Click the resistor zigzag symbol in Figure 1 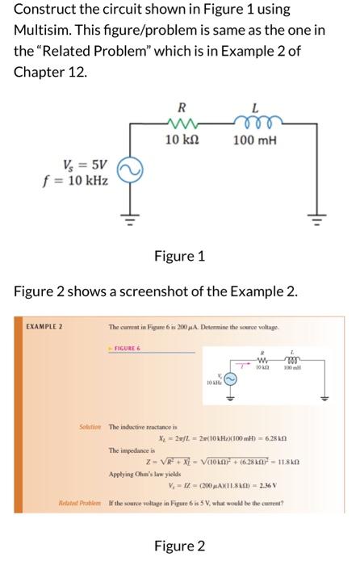tap(182, 124)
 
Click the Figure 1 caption tap(179, 257)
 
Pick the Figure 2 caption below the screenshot tap(179, 546)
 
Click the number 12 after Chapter tap(79, 71)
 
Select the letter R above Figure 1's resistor tap(182, 107)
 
